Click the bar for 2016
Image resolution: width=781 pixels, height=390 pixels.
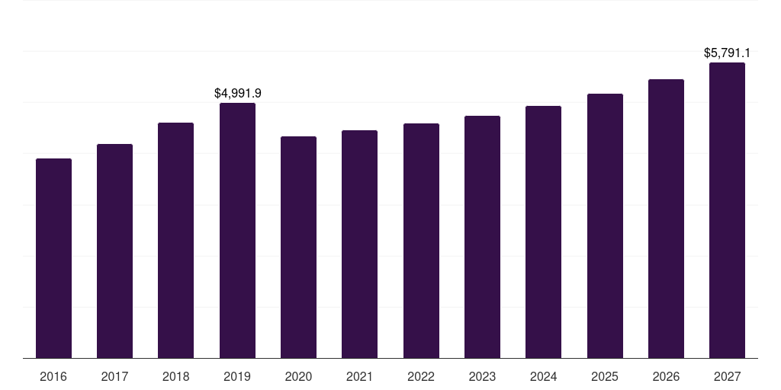53,258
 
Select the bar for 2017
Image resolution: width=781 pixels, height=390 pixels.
114,251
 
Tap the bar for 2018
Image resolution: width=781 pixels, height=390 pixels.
175,241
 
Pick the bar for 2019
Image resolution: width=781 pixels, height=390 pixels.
237,231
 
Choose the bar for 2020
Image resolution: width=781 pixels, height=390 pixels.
298,248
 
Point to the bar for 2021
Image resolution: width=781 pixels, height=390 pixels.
359,245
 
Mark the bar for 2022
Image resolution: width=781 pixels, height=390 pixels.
421,241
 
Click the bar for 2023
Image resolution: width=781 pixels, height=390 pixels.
482,237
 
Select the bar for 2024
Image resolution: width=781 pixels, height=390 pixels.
543,232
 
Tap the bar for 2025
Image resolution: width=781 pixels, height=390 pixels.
605,226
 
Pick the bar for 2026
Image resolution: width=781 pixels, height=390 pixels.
666,219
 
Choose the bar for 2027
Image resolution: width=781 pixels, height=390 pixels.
727,210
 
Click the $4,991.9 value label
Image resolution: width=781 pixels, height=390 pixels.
237,93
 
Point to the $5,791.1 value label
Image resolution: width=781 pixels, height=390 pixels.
727,53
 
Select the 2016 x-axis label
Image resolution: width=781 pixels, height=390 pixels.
53,376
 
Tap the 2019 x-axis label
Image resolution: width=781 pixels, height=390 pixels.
237,376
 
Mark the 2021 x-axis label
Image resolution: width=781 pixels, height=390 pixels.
359,376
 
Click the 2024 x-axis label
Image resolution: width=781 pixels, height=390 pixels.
543,376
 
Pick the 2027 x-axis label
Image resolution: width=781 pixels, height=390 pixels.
727,376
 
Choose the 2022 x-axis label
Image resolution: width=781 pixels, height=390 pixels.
421,376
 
